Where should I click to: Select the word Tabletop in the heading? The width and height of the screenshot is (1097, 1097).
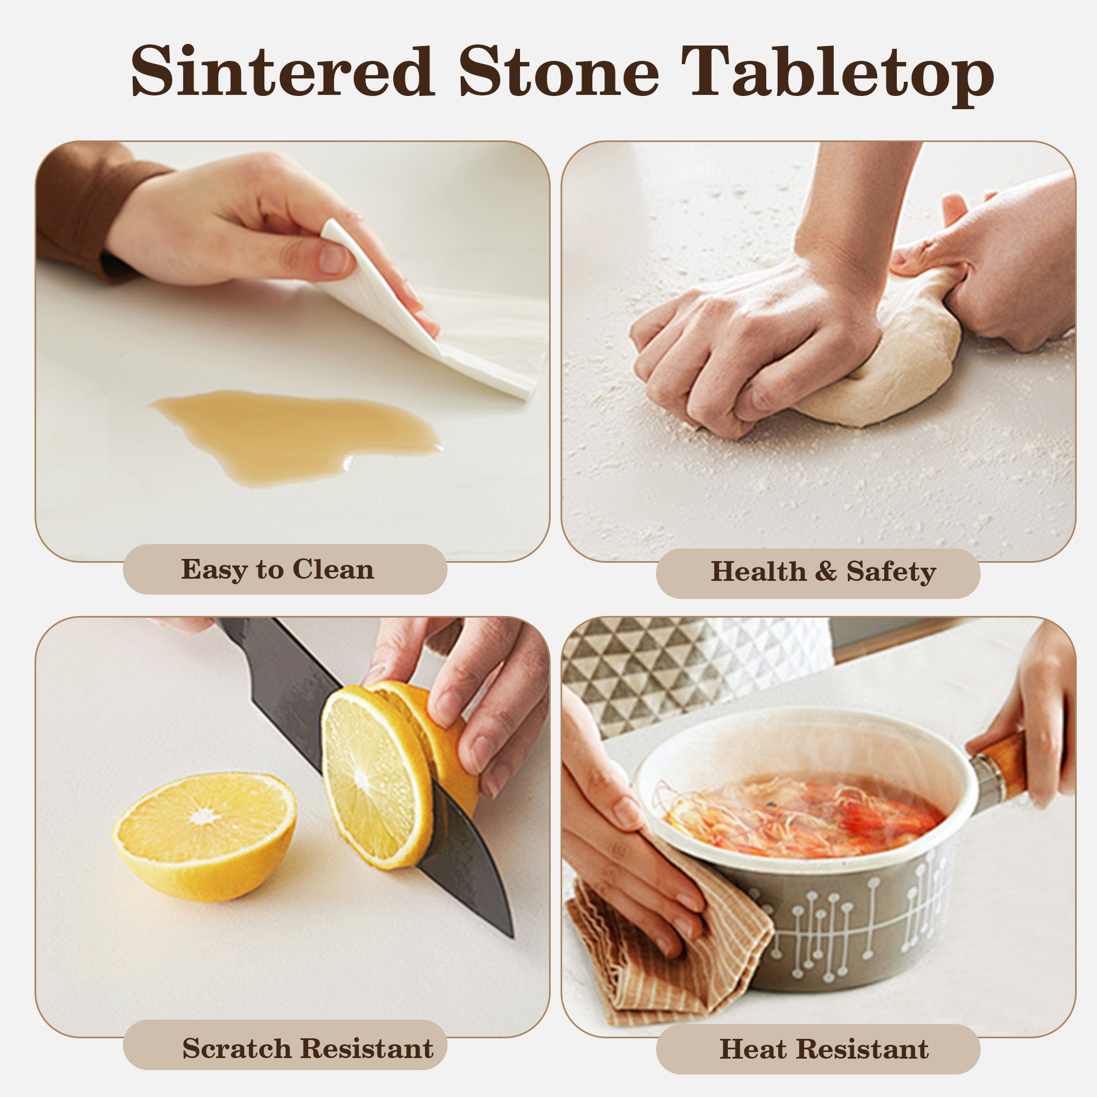pyautogui.click(x=837, y=75)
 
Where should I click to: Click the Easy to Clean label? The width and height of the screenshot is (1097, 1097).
pyautogui.click(x=278, y=569)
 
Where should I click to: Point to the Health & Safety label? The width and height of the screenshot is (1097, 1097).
pyautogui.click(x=823, y=571)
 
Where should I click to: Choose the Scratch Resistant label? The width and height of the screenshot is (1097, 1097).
pyautogui.click(x=308, y=1048)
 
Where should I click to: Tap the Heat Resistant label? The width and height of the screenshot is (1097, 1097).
pyautogui.click(x=824, y=1049)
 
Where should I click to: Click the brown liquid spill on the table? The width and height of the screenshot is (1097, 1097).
pyautogui.click(x=295, y=434)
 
